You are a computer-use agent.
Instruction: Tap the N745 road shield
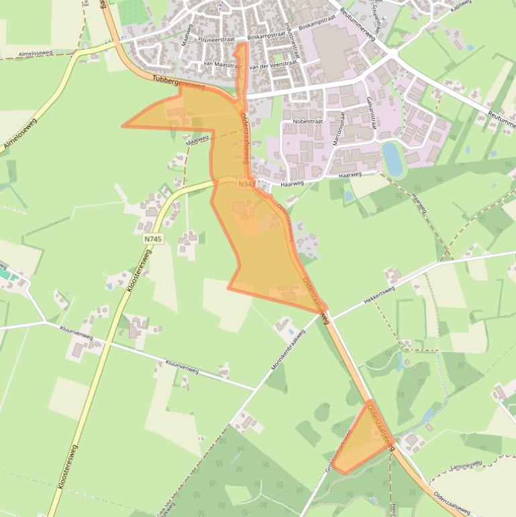coord(153,239)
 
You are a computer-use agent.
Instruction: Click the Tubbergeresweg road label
coord(178,82)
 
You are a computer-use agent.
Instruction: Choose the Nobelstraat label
coord(308,123)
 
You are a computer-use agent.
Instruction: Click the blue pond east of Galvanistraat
coord(393,158)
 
